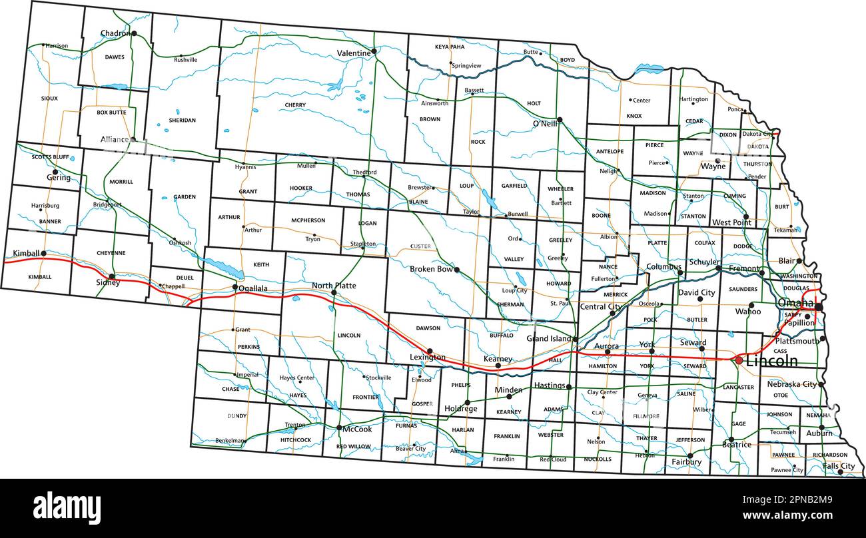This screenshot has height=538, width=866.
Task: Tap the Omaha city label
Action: pos(795,303)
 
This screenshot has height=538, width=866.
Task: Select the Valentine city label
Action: pos(353,53)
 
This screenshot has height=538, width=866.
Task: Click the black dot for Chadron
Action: pos(134,33)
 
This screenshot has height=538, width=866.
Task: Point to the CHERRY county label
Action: pos(295,105)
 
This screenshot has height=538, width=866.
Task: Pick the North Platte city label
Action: pos(334,286)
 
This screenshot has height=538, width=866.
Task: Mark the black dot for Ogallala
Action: pos(234,288)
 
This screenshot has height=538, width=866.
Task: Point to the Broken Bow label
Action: pos(431,269)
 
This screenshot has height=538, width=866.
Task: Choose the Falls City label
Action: pos(838,466)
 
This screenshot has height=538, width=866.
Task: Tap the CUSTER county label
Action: pos(420,246)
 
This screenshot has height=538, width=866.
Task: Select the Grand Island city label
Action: pos(549,339)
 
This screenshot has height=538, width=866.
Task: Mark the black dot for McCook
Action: pos(338,428)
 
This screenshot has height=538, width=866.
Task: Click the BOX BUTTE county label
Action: pos(111,113)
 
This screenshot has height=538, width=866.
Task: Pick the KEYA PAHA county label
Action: pos(450,47)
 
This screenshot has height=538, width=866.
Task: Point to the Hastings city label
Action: pos(549,386)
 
